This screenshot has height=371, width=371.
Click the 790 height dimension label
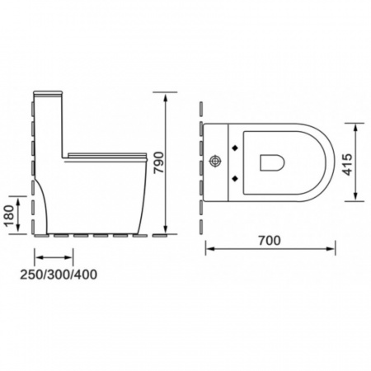[x=159, y=162]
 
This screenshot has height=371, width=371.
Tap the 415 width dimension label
[x=347, y=164]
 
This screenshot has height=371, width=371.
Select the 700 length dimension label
[x=270, y=241]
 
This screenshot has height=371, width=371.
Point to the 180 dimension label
[x=10, y=215]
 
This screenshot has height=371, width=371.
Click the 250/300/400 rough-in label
[x=59, y=275]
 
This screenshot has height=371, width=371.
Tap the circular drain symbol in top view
[x=215, y=162]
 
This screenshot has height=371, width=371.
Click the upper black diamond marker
[x=235, y=148]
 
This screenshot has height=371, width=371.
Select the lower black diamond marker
[x=235, y=179]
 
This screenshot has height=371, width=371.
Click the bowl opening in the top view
[x=272, y=162]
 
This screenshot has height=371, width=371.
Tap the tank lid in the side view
[x=48, y=93]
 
